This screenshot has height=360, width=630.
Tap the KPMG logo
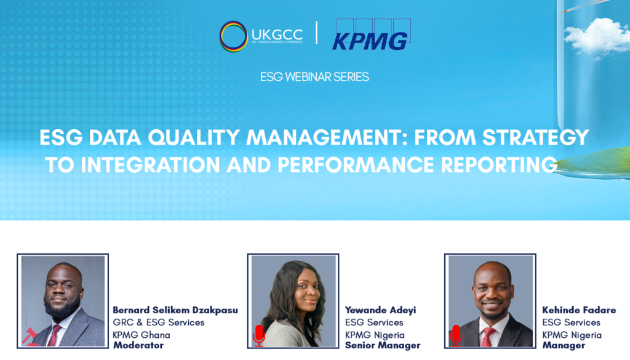371,34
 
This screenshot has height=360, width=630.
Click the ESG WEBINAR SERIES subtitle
314,77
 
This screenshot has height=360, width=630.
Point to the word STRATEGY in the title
536,137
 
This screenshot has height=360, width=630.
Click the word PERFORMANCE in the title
356,165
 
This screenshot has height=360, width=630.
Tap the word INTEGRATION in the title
151,165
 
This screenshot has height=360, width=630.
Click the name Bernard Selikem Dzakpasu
175,310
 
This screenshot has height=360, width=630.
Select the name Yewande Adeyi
380,310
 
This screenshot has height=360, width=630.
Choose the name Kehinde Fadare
579,310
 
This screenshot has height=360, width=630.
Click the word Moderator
138,345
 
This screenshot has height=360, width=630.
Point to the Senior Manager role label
383,345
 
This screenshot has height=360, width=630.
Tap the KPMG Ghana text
142,335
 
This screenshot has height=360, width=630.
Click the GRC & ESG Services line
159,322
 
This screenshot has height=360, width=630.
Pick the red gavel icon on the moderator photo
30,337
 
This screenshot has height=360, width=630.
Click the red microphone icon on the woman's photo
259,335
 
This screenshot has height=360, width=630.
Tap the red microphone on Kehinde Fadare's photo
456,335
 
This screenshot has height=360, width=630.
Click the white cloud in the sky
597,36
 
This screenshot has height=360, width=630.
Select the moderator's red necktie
54,336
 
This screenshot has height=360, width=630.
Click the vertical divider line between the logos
317,33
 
